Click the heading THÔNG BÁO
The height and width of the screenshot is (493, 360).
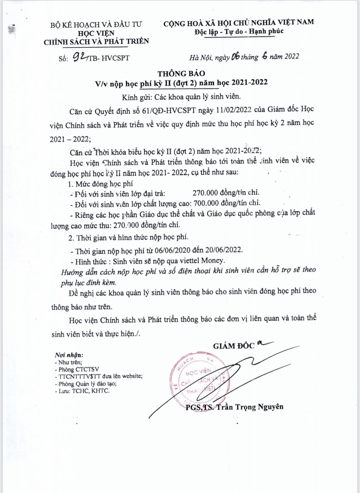tap(181, 73)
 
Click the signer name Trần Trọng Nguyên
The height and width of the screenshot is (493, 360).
tap(249, 407)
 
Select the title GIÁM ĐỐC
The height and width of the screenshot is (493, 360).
tap(234, 346)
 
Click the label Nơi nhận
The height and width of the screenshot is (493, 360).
tap(69, 355)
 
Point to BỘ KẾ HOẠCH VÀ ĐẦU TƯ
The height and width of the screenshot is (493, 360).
tap(96, 24)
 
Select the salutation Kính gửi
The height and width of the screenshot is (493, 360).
tap(134, 97)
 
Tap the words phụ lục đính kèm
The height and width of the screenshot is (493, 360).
tap(88, 283)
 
